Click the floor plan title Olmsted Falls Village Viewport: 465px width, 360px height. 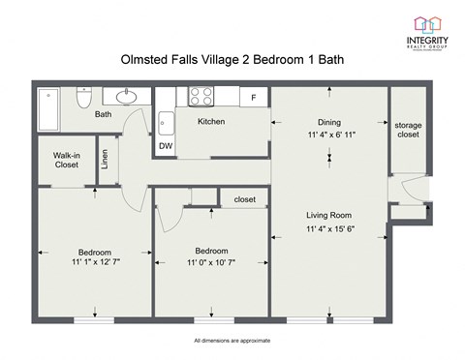(x=232, y=60)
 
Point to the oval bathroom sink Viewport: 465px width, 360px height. (x=126, y=97)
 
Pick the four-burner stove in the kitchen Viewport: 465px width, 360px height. (x=201, y=96)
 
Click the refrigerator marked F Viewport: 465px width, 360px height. (x=254, y=98)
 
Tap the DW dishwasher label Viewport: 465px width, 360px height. (x=166, y=146)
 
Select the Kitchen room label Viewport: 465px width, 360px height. (x=212, y=122)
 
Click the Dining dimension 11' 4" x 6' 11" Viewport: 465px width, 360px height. (x=329, y=135)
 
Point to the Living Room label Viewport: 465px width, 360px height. (x=328, y=215)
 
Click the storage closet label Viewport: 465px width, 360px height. (x=408, y=131)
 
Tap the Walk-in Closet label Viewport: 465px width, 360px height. (x=66, y=159)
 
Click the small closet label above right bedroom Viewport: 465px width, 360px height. (x=245, y=199)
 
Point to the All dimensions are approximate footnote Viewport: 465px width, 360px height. (x=232, y=341)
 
